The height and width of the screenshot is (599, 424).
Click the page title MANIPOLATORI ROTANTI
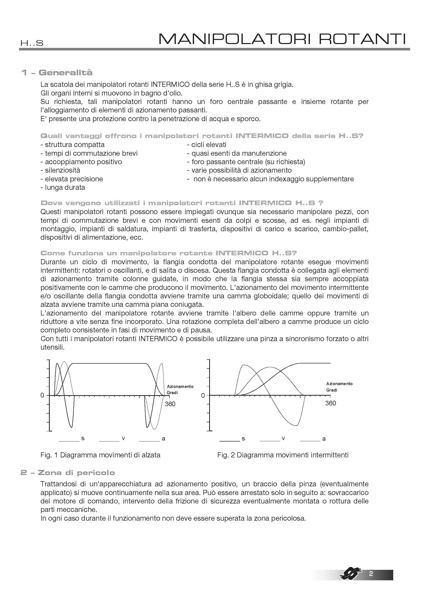point(282,39)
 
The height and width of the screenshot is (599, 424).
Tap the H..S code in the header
point(32,43)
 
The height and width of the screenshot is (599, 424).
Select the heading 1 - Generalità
point(57,72)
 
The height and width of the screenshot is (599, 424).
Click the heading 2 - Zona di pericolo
point(68,472)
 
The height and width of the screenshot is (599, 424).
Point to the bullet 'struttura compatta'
point(73,144)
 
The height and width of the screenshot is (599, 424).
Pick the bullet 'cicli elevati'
point(207,144)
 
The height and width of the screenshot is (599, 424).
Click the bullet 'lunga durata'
point(63,187)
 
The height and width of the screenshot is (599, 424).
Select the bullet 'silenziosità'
point(60,170)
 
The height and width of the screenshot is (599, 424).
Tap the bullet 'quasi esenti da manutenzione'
point(237,153)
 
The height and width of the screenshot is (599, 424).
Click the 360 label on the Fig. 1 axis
point(170,404)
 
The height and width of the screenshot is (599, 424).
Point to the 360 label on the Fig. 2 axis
point(330,403)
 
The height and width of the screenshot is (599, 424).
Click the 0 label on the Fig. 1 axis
point(42,395)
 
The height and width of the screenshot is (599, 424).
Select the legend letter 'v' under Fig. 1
point(124,438)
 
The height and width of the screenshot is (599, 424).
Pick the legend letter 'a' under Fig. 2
point(324,439)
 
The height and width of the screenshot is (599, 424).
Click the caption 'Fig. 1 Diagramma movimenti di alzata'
point(100,455)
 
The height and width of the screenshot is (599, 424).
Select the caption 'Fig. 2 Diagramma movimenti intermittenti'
point(283,455)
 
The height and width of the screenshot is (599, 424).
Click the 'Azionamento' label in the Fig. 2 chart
point(339,384)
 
